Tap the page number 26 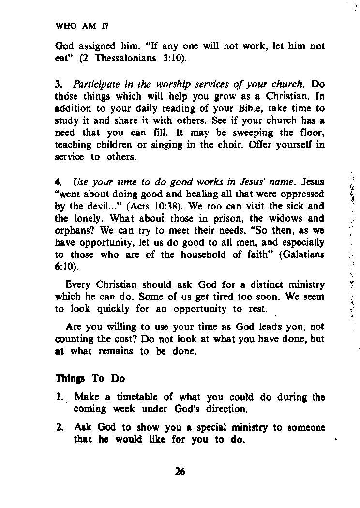(x=180, y=473)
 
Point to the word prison (x=216, y=218)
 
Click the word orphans (x=73, y=230)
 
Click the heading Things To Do (x=90, y=378)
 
